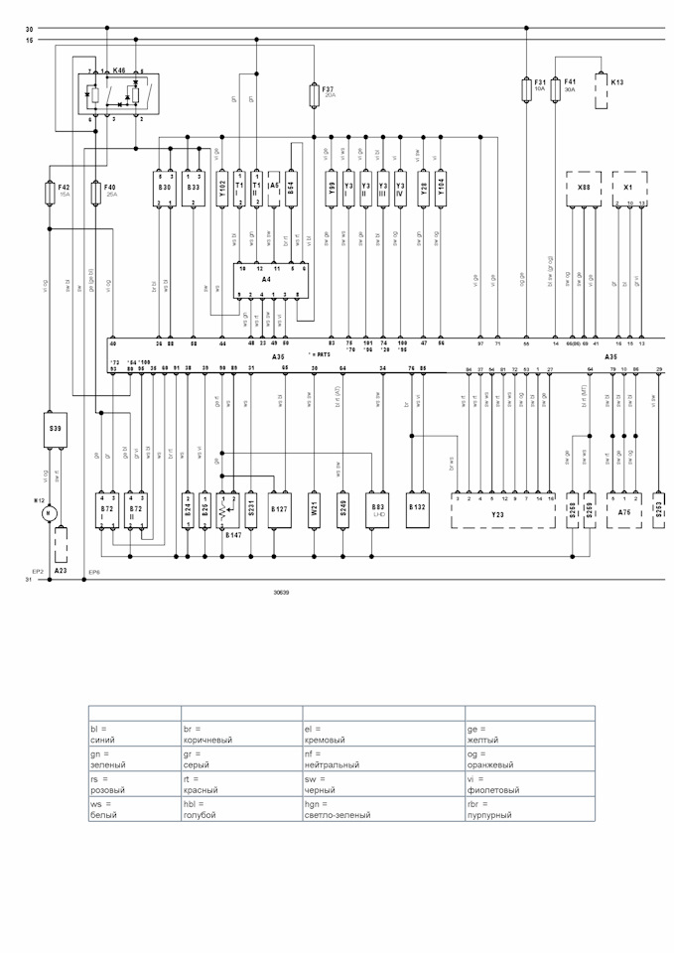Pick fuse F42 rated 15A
click(50, 191)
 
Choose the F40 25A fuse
click(96, 191)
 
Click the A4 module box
click(267, 280)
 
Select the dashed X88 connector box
click(583, 188)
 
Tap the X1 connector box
click(629, 188)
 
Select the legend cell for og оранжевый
click(529, 759)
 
